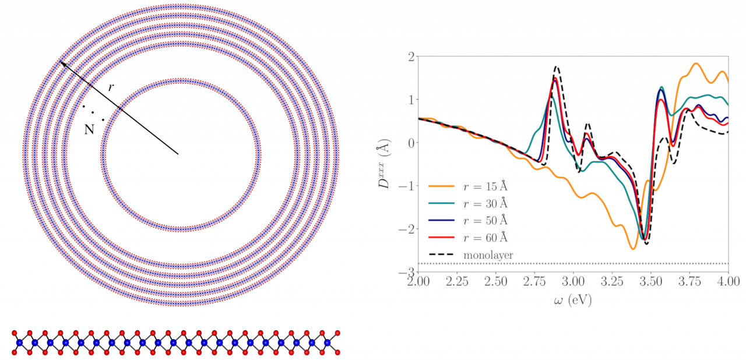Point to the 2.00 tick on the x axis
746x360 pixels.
coord(418,281)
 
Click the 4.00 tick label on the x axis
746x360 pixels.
coord(729,281)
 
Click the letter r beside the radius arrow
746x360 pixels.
coord(111,87)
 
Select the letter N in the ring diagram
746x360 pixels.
coord(89,130)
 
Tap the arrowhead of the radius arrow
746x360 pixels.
coord(62,63)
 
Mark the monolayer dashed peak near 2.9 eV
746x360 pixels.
coord(557,67)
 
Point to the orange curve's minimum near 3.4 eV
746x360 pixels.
coord(633,249)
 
